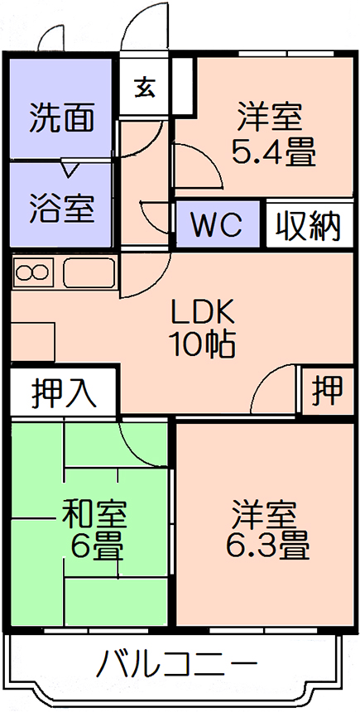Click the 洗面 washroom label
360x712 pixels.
(62, 118)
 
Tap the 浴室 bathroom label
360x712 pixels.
(62, 209)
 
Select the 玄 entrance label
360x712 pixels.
(145, 87)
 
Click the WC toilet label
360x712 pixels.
(216, 224)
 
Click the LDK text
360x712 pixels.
(202, 313)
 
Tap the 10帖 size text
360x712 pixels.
(202, 344)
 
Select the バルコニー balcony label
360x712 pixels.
(177, 666)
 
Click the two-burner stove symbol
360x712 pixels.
(32, 272)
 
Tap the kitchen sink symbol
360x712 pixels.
(89, 272)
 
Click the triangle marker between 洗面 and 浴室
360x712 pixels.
(70, 168)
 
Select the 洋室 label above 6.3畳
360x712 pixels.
(264, 513)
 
